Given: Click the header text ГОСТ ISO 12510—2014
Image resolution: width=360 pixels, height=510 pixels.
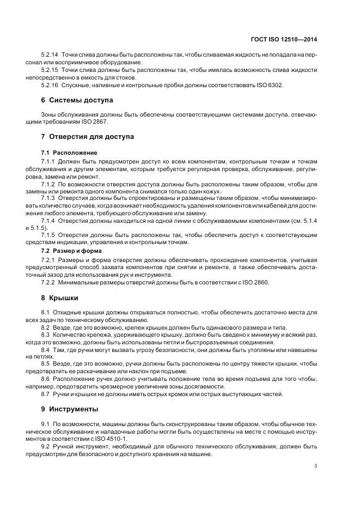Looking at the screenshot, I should pos(292,39).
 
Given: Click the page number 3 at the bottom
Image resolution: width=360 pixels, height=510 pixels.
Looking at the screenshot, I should pos(316,466).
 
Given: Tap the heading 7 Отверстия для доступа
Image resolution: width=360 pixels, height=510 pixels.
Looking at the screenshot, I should pos(87,136).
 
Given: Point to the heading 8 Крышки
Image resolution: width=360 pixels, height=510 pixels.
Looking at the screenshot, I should pos(59,298).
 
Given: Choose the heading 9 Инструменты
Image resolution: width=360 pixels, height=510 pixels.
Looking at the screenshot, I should pos(70,408).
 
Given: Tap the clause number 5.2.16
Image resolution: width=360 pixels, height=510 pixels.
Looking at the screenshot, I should pos(50,86).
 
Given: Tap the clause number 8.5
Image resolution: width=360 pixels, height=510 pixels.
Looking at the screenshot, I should pos(45,362).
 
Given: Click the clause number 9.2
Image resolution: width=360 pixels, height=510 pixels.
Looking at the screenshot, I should pos(45,446).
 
